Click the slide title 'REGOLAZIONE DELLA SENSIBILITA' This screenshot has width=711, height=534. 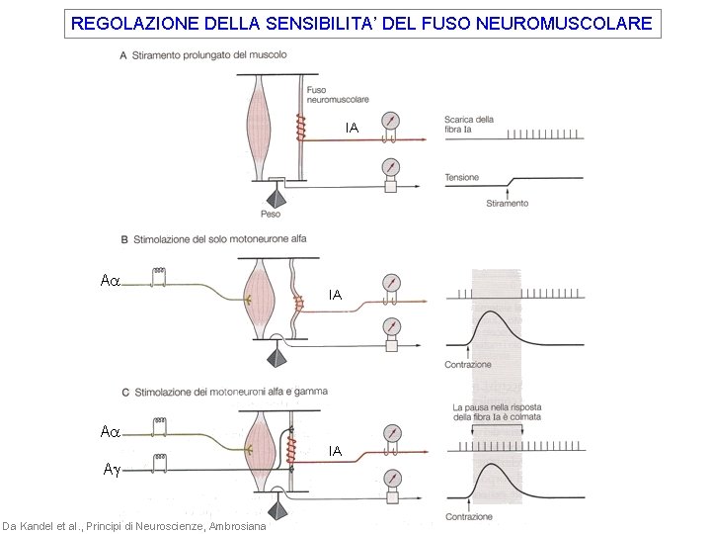pos(362,23)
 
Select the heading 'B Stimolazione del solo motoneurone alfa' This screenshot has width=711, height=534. pos(213,239)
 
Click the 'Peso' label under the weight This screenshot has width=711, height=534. pos(270,214)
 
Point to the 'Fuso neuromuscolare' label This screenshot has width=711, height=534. pos(324,95)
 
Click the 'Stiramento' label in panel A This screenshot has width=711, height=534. pos(507,204)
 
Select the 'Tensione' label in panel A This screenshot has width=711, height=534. pos(461,178)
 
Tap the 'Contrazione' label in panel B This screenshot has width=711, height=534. pos(467,364)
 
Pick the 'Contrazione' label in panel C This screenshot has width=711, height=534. pos(468,517)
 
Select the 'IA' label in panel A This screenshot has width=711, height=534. pos(351,128)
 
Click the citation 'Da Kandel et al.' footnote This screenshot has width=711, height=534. pos(133,526)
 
